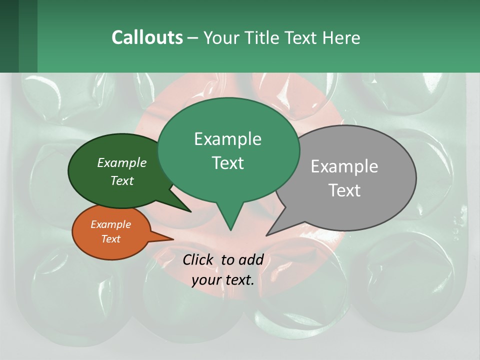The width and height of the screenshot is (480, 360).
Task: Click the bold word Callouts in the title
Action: (147, 37)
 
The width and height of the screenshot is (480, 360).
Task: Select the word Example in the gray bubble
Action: (344, 166)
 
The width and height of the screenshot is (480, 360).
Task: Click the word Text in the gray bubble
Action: (344, 190)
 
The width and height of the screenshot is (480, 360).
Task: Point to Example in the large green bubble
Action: (227, 139)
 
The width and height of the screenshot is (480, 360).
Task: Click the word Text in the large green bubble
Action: (227, 163)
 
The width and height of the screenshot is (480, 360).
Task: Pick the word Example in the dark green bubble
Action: (122, 163)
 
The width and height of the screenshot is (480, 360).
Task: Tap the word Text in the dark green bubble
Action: (122, 180)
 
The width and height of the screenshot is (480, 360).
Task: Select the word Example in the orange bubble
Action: (110, 224)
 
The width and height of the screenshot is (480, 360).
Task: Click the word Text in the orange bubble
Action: (110, 239)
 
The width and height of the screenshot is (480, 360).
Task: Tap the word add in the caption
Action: (251, 259)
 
